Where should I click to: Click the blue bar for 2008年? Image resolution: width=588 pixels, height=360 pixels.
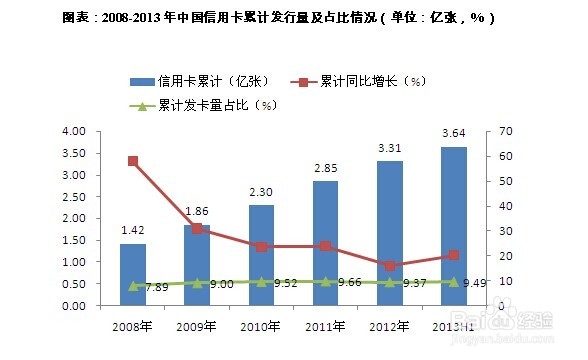(x=133, y=275)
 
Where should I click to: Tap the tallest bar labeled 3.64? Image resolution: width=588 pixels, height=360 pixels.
(x=453, y=227)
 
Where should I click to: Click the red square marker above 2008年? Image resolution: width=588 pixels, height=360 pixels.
(x=133, y=161)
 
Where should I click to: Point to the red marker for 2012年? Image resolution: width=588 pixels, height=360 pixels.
(x=389, y=266)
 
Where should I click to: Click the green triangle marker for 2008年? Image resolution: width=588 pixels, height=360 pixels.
(x=133, y=286)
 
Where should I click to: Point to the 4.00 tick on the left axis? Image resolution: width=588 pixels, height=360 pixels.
(x=74, y=131)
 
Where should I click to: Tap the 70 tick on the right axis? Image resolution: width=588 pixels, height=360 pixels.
(x=490, y=131)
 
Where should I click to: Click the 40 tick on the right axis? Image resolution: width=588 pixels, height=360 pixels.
(x=490, y=206)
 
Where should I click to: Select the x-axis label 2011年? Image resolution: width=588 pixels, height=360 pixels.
(x=325, y=326)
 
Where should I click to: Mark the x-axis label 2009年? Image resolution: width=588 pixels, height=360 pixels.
(x=197, y=326)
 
